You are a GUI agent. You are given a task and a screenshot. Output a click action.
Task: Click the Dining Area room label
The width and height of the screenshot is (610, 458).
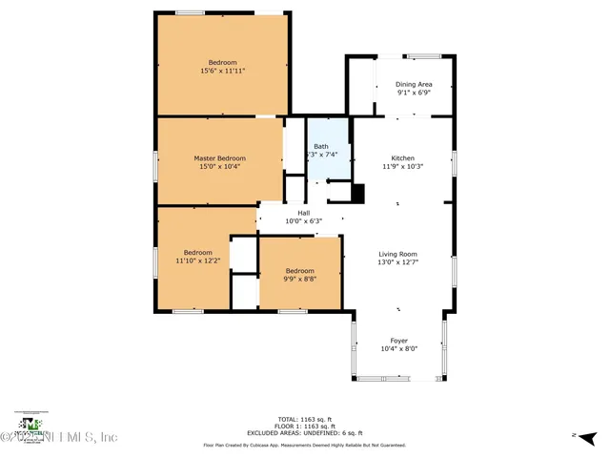click(x=414, y=84)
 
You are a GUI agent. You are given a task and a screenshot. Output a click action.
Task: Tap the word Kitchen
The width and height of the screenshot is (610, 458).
click(x=403, y=157)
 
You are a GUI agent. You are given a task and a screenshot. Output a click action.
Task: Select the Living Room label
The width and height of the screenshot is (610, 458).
click(x=398, y=254)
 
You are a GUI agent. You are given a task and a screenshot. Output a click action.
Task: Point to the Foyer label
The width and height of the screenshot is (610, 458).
click(x=398, y=341)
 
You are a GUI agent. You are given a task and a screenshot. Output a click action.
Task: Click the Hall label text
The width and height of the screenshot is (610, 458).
click(x=304, y=213)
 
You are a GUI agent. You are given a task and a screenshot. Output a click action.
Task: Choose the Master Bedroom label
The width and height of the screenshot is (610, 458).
click(x=219, y=158)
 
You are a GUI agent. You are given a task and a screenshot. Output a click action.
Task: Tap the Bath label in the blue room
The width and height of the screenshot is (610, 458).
click(x=321, y=146)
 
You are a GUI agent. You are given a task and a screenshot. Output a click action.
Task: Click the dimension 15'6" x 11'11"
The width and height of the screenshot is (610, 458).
click(x=224, y=71)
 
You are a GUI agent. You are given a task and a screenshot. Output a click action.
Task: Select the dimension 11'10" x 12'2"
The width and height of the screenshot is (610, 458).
click(x=198, y=260)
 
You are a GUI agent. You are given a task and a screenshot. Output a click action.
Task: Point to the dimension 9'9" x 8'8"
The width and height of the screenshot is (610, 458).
click(x=300, y=280)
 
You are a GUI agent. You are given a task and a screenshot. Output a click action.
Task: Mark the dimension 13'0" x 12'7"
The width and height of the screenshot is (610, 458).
click(x=398, y=262)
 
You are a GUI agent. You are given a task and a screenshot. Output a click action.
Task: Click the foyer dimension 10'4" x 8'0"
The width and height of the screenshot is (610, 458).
click(x=398, y=349)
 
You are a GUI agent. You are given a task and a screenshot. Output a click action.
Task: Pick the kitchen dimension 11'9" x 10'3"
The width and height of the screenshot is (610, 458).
click(x=403, y=166)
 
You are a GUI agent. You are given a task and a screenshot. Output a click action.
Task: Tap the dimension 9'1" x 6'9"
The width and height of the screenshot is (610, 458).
click(x=414, y=93)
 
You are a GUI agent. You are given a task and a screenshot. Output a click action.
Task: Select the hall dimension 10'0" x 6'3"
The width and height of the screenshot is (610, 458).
click(x=304, y=221)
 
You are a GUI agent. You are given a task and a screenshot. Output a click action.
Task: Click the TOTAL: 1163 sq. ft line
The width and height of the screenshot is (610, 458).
click(x=304, y=419)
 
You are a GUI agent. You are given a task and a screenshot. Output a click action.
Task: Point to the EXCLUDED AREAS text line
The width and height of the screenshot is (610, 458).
click(x=304, y=432)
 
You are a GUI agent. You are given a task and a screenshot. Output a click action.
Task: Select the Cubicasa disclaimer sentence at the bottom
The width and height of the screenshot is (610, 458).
click(x=304, y=446)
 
